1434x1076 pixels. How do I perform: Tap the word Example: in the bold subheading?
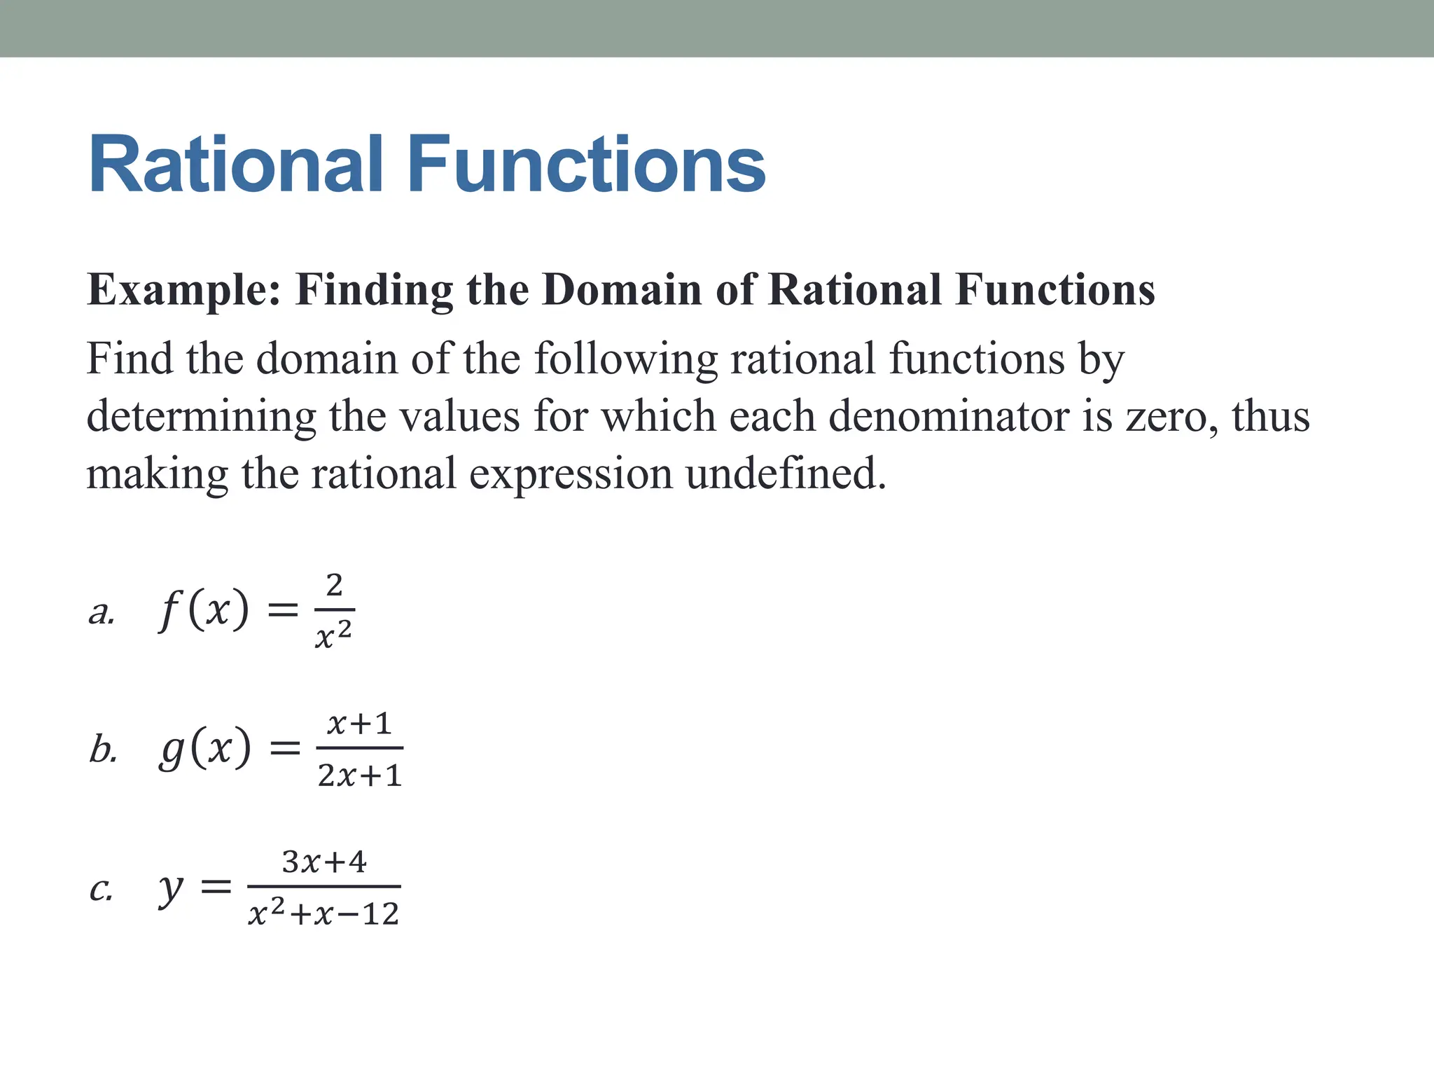pos(183,290)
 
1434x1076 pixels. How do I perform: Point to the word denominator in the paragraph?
pos(949,416)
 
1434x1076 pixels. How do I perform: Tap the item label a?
pos(102,613)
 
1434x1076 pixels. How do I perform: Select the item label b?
pos(103,750)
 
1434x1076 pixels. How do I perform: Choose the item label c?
pos(101,890)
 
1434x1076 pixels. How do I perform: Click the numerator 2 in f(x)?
pos(335,585)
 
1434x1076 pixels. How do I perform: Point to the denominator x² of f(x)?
pos(333,635)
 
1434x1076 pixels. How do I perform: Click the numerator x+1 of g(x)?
pos(359,724)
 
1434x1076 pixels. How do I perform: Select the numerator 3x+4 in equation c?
pos(324,862)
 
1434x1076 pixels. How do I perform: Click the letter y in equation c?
pos(170,890)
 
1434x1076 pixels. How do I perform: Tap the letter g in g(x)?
pos(172,750)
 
